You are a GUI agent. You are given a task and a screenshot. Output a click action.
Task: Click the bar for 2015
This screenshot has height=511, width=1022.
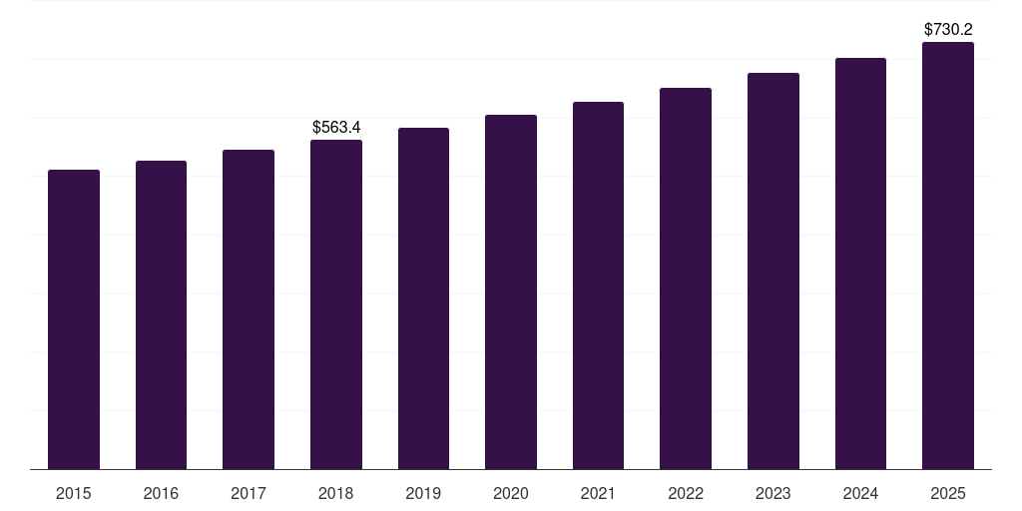click(74, 319)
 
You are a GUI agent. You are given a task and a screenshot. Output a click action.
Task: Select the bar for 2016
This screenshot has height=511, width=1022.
click(161, 314)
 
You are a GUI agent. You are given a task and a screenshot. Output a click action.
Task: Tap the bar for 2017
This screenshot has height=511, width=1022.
click(249, 309)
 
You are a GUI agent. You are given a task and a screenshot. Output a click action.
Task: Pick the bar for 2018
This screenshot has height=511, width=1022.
click(336, 304)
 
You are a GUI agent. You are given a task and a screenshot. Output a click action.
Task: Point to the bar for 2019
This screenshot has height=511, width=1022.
click(423, 298)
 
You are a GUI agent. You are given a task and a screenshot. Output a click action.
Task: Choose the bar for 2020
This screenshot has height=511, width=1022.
click(511, 291)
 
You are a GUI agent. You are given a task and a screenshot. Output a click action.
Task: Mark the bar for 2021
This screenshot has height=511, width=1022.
click(598, 285)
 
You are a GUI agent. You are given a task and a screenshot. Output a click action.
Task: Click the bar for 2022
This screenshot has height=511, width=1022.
click(686, 278)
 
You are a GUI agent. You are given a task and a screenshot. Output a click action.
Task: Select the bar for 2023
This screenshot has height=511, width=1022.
click(773, 270)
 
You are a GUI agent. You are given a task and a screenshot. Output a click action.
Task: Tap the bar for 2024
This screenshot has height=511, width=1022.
click(860, 263)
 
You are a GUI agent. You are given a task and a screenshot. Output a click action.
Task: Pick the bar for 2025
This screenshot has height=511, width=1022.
click(948, 255)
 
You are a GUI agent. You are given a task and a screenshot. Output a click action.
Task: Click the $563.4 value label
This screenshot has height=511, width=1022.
click(336, 128)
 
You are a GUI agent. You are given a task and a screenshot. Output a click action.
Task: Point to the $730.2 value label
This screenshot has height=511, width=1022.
click(948, 30)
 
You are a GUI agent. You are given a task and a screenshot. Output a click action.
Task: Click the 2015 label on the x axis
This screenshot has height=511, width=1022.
click(74, 493)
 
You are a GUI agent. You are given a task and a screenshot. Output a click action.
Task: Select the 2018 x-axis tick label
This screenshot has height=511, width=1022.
click(336, 493)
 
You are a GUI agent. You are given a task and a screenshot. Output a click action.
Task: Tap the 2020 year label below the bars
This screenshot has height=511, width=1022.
click(511, 493)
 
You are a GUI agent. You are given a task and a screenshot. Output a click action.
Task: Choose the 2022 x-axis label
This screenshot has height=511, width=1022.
click(686, 493)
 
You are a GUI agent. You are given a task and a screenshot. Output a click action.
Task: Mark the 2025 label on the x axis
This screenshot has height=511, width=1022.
click(948, 493)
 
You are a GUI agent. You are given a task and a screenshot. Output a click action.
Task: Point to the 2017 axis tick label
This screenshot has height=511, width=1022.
click(249, 493)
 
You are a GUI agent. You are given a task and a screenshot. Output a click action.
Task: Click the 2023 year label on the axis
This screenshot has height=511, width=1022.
click(773, 493)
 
